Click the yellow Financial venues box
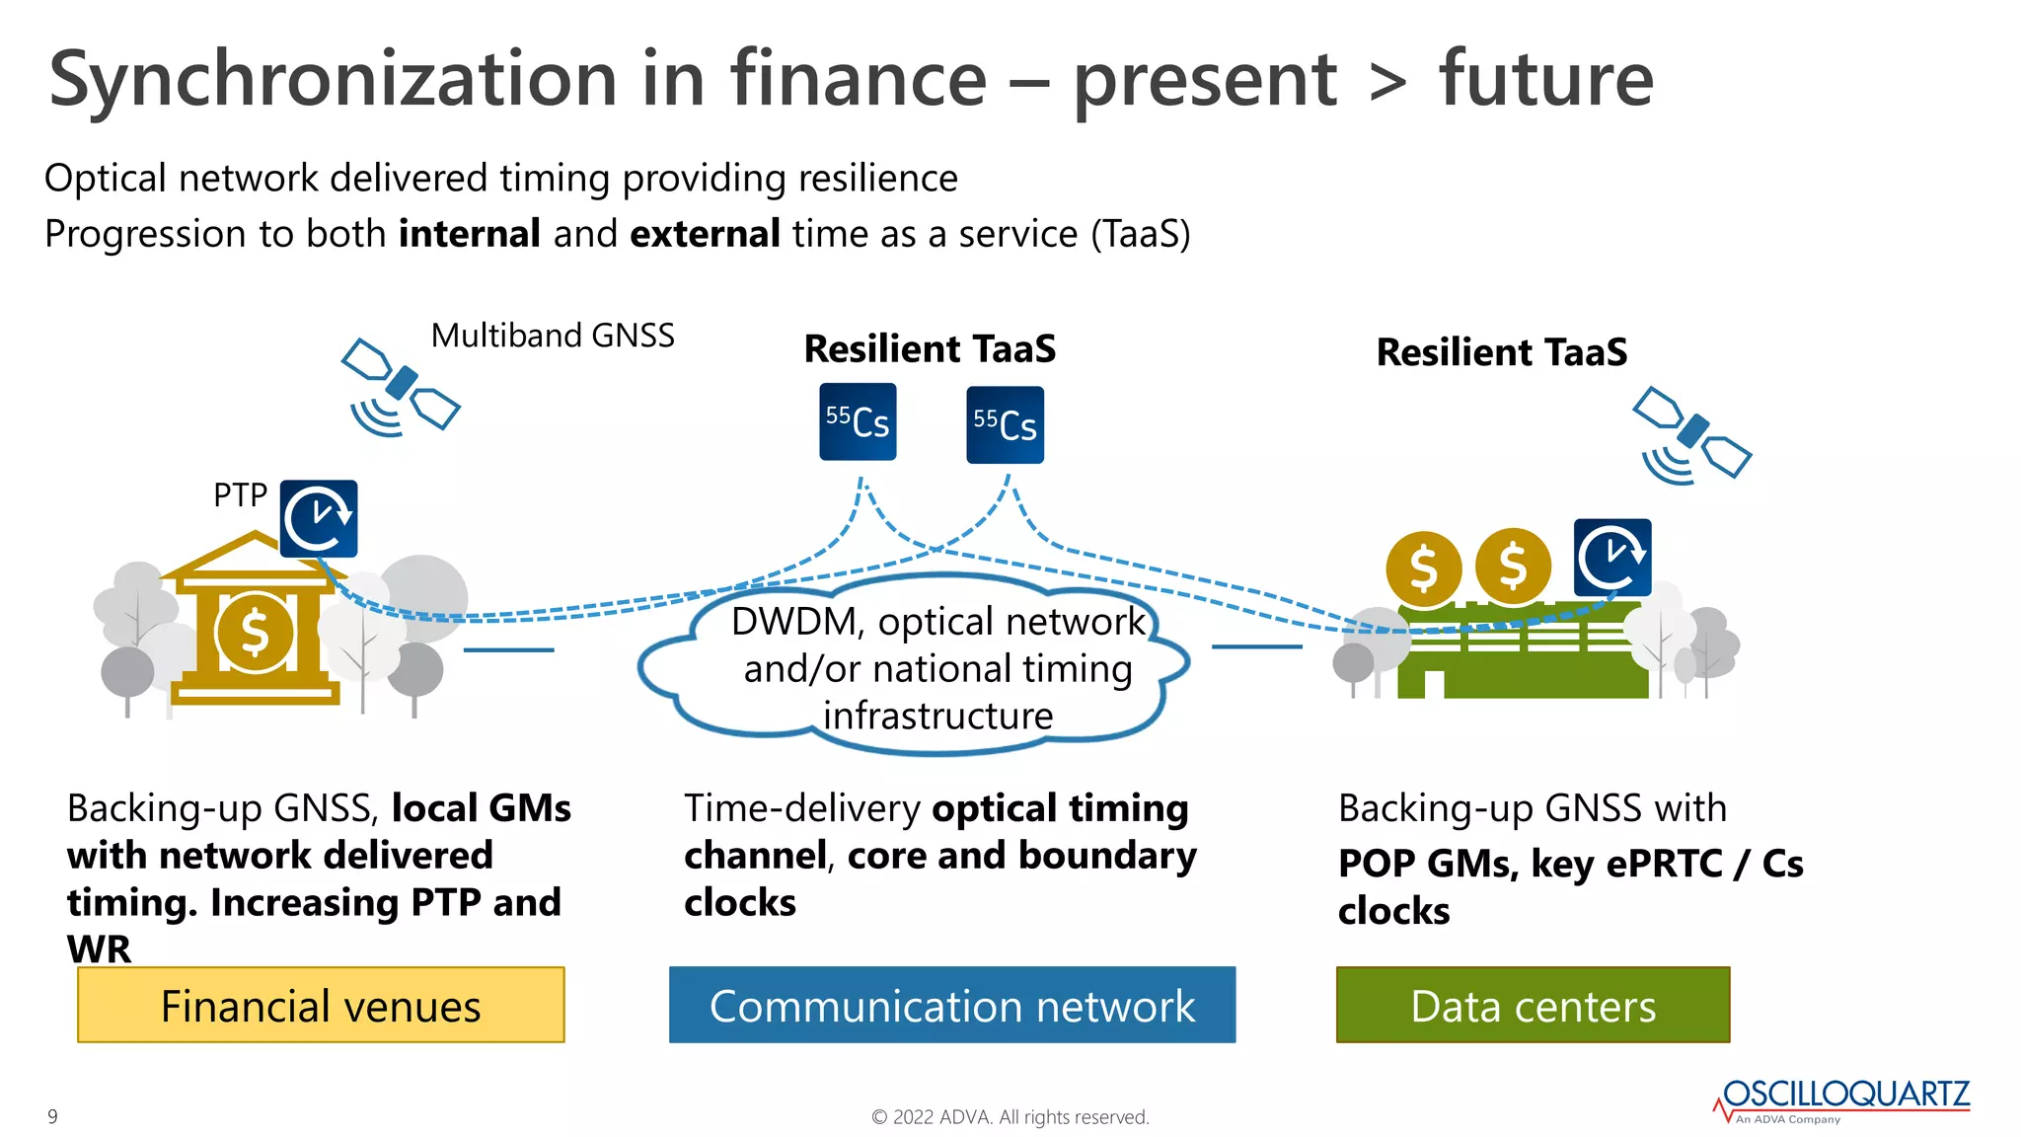click(321, 1005)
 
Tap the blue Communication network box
click(951, 1005)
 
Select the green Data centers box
click(1533, 1005)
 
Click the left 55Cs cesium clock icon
click(858, 422)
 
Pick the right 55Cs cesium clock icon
click(1005, 425)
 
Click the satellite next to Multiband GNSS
click(401, 386)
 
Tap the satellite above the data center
click(1691, 435)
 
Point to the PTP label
click(240, 494)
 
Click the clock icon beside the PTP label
click(319, 518)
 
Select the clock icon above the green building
click(1612, 558)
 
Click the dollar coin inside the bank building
click(255, 632)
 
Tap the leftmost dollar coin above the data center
click(1423, 568)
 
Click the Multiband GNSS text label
click(553, 336)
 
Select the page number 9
click(52, 1116)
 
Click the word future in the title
click(1545, 79)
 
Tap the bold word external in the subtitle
click(705, 234)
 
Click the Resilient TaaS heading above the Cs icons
click(930, 349)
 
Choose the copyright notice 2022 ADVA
click(1010, 1117)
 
